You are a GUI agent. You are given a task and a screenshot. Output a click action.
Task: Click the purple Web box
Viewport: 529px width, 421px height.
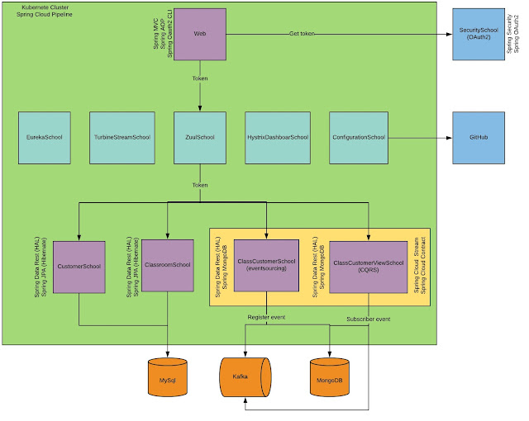coord(200,35)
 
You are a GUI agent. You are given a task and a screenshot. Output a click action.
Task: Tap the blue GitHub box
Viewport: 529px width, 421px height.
coord(478,136)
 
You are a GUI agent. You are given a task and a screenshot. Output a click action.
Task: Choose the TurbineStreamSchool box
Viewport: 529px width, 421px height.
coord(121,136)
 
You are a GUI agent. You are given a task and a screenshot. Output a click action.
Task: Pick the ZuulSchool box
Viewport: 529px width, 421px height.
coord(200,136)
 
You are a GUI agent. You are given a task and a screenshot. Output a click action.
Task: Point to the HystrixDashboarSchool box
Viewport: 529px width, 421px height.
coord(278,136)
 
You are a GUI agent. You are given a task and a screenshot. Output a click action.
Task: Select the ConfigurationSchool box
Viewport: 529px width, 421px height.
coord(358,136)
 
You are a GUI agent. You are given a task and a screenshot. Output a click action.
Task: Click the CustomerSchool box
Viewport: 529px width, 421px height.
coord(80,267)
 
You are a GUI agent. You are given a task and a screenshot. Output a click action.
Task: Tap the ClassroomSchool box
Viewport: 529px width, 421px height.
coord(167,265)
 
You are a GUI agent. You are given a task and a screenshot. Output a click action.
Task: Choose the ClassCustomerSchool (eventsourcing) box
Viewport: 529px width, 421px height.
coord(266,265)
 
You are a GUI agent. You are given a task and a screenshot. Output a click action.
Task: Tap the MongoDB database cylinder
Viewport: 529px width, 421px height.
coord(330,377)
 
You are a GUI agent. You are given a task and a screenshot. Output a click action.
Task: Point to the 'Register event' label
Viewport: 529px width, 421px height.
coord(267,317)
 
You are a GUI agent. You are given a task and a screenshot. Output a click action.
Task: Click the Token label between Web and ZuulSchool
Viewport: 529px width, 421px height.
coord(200,79)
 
